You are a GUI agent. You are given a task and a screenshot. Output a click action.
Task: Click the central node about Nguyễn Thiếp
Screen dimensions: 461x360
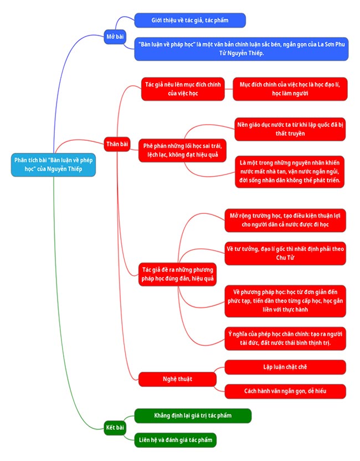[x=53, y=165]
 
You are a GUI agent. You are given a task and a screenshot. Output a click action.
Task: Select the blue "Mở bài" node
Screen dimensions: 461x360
[x=116, y=37]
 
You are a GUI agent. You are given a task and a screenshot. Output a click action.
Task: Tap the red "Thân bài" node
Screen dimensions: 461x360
[x=117, y=144]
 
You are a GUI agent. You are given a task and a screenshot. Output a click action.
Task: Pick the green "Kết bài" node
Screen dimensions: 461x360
[x=115, y=427]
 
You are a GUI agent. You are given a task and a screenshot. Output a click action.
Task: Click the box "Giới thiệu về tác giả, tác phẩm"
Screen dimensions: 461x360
[x=190, y=21]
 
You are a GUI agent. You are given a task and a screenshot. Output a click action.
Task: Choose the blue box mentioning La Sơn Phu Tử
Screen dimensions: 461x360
[x=241, y=49]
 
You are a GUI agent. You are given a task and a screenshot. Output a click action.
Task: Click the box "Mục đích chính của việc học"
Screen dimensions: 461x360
[x=290, y=89]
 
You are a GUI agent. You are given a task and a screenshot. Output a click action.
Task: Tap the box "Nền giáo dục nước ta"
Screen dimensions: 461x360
[x=290, y=129]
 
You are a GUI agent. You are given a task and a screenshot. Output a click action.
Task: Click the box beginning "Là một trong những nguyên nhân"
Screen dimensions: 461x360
[x=290, y=171]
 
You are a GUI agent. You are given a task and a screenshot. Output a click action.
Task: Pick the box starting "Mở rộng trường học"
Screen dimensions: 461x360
[x=285, y=220]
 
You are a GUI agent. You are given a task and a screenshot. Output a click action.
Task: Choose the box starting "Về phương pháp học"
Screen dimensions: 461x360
[x=285, y=300]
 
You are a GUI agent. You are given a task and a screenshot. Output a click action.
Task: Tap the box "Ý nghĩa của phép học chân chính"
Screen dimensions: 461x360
[x=285, y=339]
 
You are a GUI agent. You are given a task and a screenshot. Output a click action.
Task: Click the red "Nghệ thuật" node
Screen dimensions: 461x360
[x=177, y=378]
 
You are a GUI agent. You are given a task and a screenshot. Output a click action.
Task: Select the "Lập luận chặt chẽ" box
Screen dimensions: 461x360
[x=285, y=367]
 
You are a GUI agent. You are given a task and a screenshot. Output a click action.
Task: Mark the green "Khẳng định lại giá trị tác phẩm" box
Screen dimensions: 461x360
[x=193, y=416]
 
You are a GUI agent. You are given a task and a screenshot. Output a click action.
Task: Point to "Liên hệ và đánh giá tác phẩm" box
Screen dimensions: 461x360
[x=174, y=440]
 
